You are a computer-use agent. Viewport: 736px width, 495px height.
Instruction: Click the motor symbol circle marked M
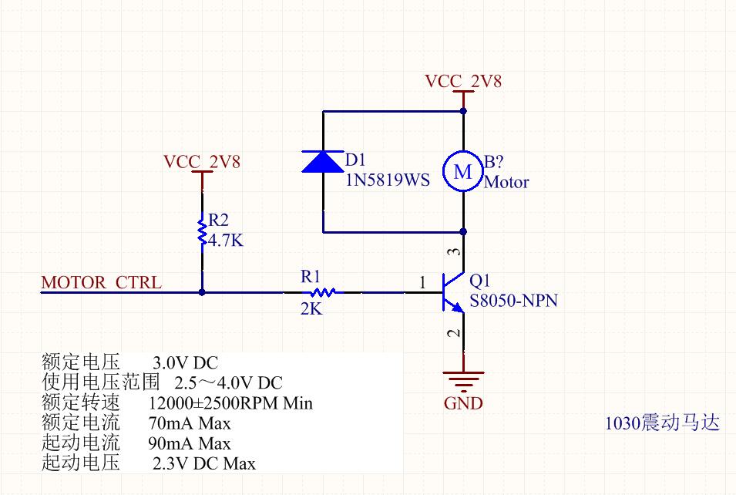point(463,171)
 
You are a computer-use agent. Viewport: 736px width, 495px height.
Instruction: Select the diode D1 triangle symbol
point(322,161)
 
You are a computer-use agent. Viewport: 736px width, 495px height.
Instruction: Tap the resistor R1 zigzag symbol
point(323,292)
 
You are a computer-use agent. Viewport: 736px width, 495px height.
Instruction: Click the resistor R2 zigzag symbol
point(202,231)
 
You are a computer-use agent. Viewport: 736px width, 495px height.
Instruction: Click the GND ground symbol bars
point(463,379)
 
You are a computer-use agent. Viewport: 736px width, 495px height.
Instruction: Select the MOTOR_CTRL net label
point(102,282)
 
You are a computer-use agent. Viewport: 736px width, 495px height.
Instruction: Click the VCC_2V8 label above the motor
point(463,81)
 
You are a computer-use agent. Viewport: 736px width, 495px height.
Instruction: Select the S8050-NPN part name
point(513,301)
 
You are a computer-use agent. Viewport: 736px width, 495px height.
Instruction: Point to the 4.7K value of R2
point(226,241)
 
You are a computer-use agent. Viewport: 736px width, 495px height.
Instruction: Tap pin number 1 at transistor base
point(422,284)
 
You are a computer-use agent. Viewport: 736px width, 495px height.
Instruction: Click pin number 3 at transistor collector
point(455,252)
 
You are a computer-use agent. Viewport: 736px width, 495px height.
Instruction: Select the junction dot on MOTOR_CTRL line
point(202,292)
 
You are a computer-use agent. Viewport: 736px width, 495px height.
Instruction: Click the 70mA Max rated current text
point(189,423)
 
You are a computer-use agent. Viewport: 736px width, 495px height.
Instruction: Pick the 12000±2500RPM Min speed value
point(230,402)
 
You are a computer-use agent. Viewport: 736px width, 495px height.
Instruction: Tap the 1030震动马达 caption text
point(662,423)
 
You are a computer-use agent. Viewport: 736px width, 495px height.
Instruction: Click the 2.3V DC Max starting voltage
point(204,463)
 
